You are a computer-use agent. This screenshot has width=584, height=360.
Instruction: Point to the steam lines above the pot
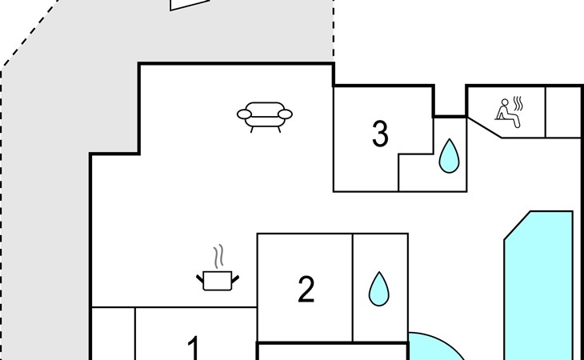(x=218, y=258)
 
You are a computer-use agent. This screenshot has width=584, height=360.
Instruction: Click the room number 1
(x=194, y=348)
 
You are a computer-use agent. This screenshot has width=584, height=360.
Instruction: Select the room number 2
(x=306, y=290)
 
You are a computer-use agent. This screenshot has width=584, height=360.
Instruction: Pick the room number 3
(x=380, y=134)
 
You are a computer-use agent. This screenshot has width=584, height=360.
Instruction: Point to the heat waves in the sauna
(x=518, y=104)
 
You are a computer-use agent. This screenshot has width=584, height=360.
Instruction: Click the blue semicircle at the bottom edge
(x=432, y=349)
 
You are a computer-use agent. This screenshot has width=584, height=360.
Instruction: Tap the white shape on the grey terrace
(x=189, y=4)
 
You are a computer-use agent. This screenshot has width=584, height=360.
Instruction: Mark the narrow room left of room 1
(x=113, y=334)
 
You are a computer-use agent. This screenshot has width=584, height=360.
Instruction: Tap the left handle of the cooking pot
(x=200, y=278)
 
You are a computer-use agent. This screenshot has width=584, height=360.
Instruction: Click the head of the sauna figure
(x=504, y=102)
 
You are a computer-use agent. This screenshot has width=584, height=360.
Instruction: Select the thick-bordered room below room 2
(x=332, y=352)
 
